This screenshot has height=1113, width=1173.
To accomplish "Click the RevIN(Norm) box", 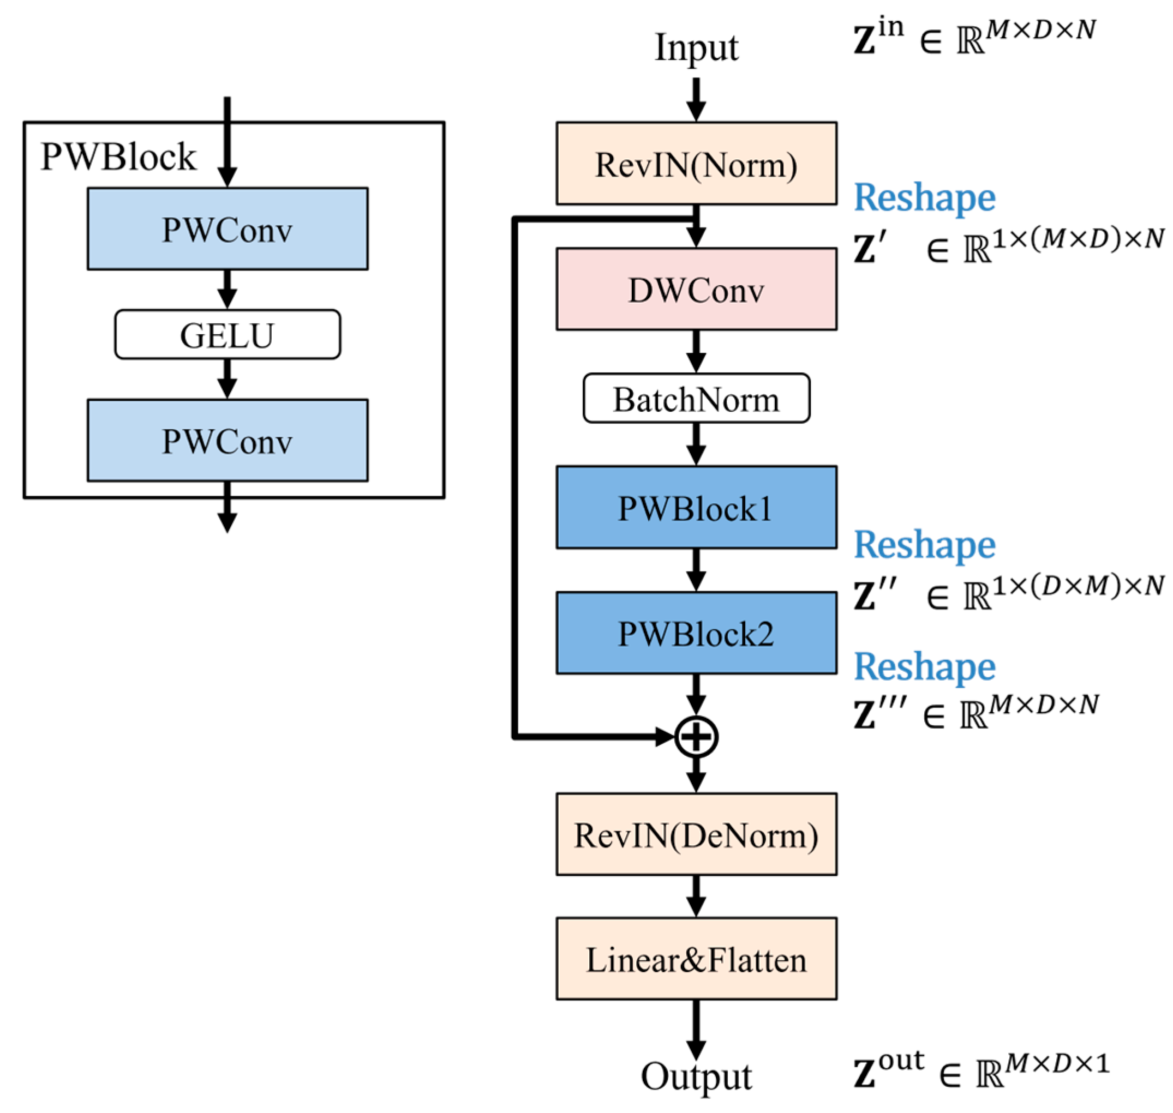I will [x=696, y=164].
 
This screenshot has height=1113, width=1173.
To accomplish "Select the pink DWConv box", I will [x=696, y=289].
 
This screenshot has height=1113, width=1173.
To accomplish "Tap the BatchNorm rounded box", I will [x=696, y=398].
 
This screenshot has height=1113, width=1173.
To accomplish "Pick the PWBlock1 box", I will [x=696, y=507].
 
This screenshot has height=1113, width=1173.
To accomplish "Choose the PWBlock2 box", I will [x=696, y=633].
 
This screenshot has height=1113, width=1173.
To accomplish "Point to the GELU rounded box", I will [x=228, y=334].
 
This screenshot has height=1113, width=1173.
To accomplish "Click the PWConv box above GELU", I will [x=228, y=229].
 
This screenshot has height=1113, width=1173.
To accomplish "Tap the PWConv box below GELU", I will [x=228, y=440].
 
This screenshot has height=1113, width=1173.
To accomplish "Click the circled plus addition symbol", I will [x=696, y=737].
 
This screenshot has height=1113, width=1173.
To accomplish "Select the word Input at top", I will [x=696, y=47].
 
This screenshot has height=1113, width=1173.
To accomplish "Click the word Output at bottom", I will [x=696, y=1075].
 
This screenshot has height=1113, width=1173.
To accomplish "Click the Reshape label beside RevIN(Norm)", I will [x=924, y=197].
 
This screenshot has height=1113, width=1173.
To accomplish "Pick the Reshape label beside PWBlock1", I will [x=924, y=544].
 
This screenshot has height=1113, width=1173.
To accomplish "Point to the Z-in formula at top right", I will [x=973, y=37].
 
